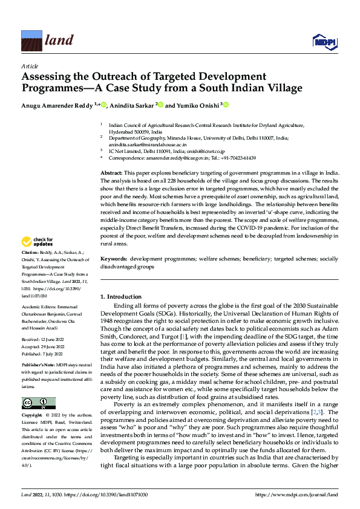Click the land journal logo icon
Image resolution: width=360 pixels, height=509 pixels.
pyautogui.click(x=31, y=41)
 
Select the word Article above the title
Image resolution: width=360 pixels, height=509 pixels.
pyautogui.click(x=30, y=65)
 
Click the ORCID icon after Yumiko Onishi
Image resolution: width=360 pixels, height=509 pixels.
pyautogui.click(x=226, y=105)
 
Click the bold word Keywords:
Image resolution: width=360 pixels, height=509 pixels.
pyautogui.click(x=115, y=259)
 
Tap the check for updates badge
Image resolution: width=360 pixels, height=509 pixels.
pyautogui.click(x=38, y=242)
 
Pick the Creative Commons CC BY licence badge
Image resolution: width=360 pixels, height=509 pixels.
pyautogui.click(x=38, y=403)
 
